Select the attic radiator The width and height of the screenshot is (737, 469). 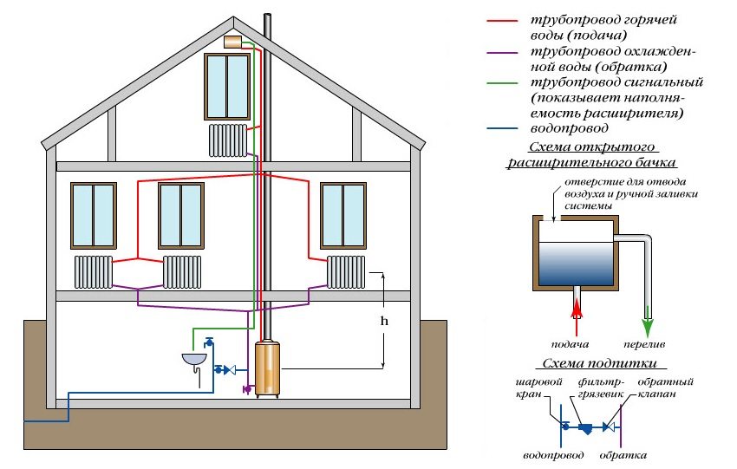click(228, 140)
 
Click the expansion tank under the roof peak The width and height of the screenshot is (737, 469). click(232, 42)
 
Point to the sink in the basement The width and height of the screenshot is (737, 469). click(195, 356)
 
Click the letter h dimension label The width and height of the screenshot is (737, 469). click(383, 319)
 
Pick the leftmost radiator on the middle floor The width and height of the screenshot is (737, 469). click(94, 271)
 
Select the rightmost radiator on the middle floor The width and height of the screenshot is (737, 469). click(345, 271)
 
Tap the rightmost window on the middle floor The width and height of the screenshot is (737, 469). click(343, 215)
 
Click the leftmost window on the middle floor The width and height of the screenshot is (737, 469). click(93, 215)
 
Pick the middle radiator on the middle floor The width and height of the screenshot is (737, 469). click(182, 271)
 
